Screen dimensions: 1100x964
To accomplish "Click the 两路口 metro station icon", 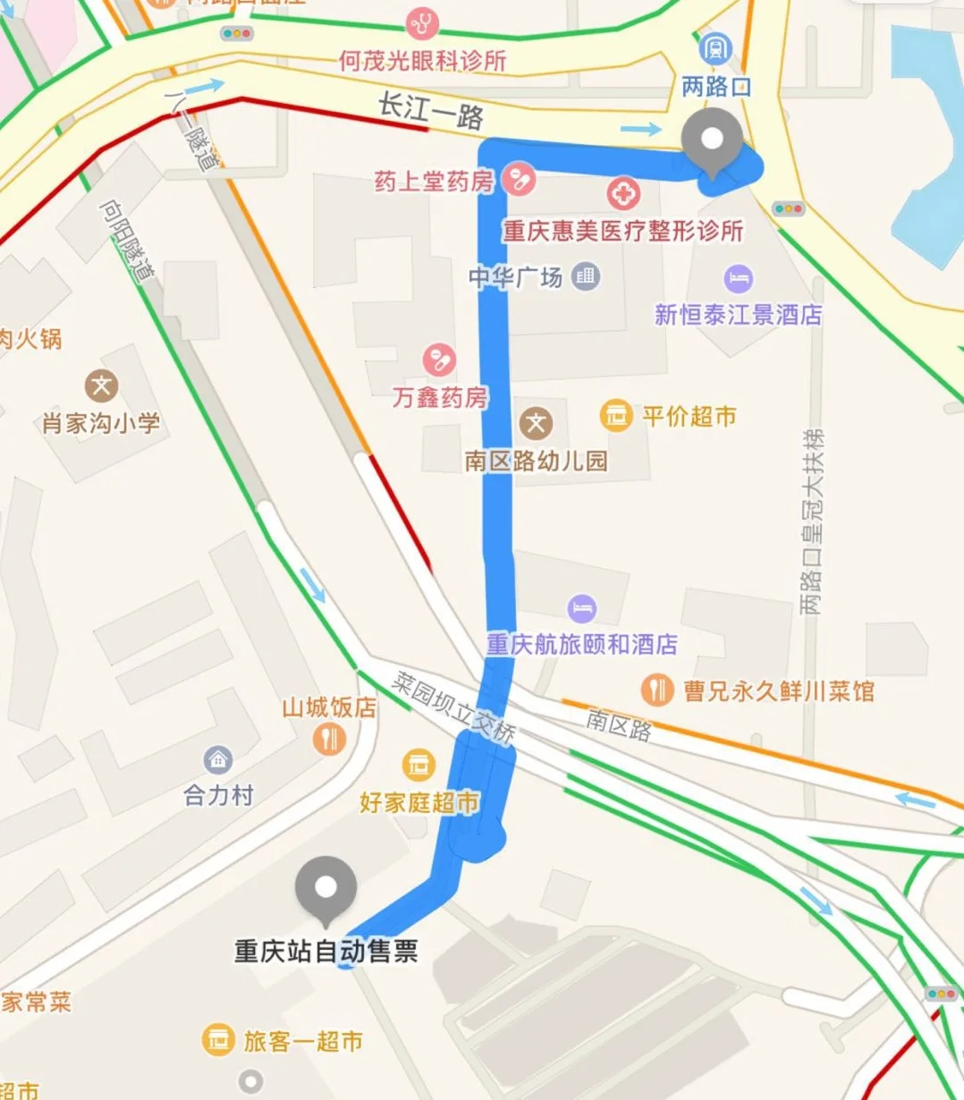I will (x=715, y=48).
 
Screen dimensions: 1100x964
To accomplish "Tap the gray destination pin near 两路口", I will (x=712, y=140).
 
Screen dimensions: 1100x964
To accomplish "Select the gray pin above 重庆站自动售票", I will (x=326, y=888).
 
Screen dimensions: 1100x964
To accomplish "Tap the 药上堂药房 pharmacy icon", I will (x=518, y=180).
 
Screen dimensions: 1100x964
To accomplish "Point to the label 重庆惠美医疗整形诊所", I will (x=622, y=231).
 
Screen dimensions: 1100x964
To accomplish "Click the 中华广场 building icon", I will (x=586, y=276).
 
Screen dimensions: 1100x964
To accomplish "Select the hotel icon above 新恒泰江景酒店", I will (x=738, y=278).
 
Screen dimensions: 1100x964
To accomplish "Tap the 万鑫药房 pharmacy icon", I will (x=439, y=360).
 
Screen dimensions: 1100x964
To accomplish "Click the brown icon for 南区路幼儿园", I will (x=536, y=423).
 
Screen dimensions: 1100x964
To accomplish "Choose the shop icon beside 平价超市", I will (x=616, y=415).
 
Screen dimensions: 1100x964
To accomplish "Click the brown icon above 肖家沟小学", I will (x=101, y=386).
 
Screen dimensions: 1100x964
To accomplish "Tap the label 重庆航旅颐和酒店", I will (x=581, y=644).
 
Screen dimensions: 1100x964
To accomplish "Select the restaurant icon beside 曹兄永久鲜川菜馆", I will (x=657, y=690).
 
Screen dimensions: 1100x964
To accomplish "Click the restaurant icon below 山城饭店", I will (x=330, y=740).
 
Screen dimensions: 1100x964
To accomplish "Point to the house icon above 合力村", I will (x=218, y=760).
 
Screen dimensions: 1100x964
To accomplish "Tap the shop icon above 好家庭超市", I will (x=418, y=765).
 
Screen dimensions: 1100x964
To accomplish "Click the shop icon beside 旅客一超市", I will (x=217, y=1040).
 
